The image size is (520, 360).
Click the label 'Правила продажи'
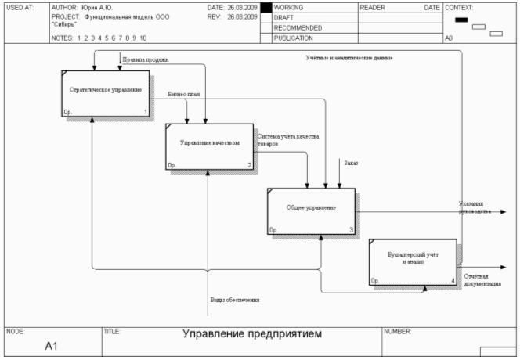click(x=146, y=59)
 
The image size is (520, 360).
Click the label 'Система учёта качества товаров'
click(x=288, y=141)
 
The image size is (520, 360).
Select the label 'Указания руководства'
click(x=475, y=207)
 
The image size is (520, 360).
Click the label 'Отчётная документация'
click(x=482, y=279)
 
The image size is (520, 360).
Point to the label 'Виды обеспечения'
click(x=234, y=300)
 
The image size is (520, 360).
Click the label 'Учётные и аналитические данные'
click(x=348, y=58)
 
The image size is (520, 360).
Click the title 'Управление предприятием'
click(x=252, y=334)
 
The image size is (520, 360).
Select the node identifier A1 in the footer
click(x=52, y=347)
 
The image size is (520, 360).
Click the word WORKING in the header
click(x=288, y=8)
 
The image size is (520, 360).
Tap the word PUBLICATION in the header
click(x=294, y=38)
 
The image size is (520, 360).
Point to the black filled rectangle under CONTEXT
click(x=461, y=20)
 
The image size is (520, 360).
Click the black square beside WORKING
click(x=265, y=8)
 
